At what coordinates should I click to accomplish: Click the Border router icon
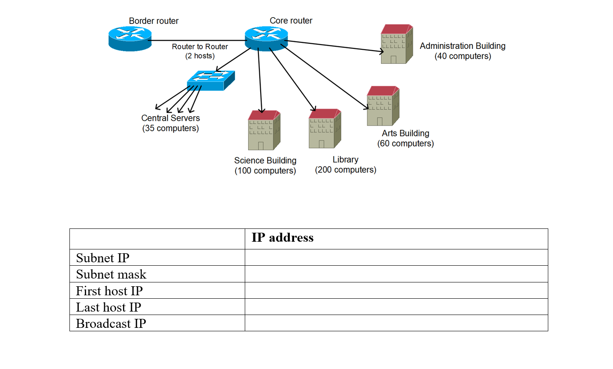130,39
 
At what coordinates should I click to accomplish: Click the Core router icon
266,39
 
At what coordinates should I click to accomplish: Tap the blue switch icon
210,80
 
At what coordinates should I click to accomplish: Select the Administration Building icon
397,45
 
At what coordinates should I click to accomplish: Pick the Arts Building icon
383,106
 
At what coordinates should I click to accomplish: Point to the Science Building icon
264,130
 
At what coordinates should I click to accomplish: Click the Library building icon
325,129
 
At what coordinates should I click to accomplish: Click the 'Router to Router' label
200,47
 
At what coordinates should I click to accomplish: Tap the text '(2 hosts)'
200,56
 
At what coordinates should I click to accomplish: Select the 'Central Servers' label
171,118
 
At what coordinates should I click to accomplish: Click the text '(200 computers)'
346,170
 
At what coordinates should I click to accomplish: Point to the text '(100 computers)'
265,171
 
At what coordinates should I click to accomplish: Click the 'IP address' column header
282,238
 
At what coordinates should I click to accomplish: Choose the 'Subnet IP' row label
102,258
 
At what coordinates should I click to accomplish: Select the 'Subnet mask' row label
111,274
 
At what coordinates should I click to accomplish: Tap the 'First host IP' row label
109,291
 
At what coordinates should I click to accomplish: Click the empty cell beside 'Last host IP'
396,307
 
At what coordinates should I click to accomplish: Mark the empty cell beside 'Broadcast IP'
396,323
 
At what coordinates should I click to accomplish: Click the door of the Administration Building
393,60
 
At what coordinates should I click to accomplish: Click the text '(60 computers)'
406,144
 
